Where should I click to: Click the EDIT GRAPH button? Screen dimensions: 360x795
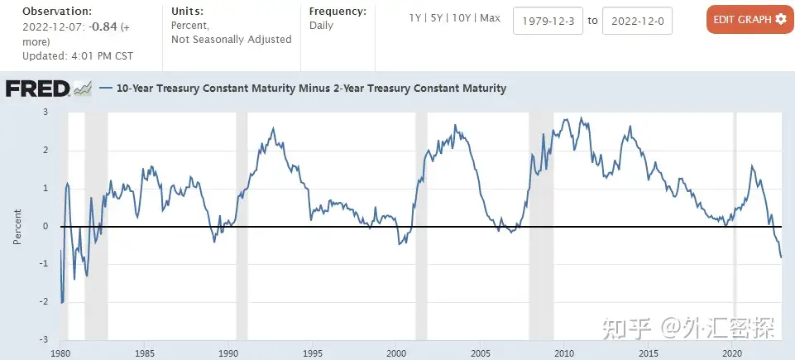pyautogui.click(x=750, y=19)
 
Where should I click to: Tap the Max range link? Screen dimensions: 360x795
pyautogui.click(x=490, y=18)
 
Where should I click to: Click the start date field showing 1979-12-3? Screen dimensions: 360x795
pyautogui.click(x=548, y=21)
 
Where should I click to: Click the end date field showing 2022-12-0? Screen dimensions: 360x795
pyautogui.click(x=637, y=21)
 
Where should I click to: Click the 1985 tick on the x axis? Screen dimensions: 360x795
pyautogui.click(x=144, y=353)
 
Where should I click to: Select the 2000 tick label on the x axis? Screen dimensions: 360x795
pyautogui.click(x=395, y=353)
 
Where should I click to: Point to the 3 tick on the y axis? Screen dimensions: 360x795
pyautogui.click(x=45, y=112)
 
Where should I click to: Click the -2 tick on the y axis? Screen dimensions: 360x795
pyautogui.click(x=43, y=302)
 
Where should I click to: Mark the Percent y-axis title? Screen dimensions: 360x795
pyautogui.click(x=17, y=226)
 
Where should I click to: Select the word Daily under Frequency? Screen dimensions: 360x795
pyautogui.click(x=321, y=25)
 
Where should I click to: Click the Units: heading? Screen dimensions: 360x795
pyautogui.click(x=186, y=12)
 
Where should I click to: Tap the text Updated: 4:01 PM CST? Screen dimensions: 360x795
pyautogui.click(x=78, y=55)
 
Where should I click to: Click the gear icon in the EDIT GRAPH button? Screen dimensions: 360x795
pyautogui.click(x=780, y=19)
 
